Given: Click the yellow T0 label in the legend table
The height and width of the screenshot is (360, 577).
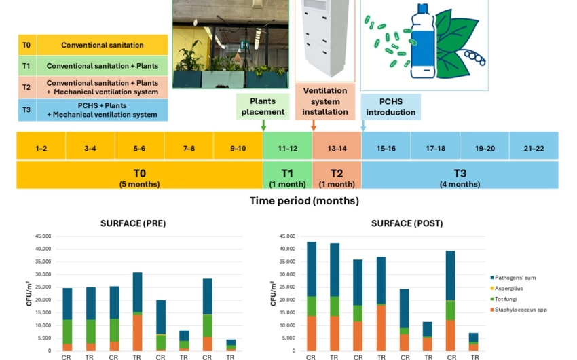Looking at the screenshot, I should pyautogui.click(x=26, y=45).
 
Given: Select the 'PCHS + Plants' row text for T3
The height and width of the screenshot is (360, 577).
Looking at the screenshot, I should pyautogui.click(x=103, y=110).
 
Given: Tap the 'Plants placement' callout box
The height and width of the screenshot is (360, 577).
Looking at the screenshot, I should pyautogui.click(x=263, y=106).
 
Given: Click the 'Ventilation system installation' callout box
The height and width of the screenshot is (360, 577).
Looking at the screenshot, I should pyautogui.click(x=324, y=101).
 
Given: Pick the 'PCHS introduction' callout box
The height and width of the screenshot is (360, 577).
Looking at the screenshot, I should pyautogui.click(x=390, y=107).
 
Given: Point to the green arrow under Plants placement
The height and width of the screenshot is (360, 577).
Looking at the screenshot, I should pyautogui.click(x=263, y=126).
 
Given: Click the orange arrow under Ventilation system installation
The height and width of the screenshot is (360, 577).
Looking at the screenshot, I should pyautogui.click(x=314, y=126).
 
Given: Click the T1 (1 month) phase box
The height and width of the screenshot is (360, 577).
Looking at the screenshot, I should pyautogui.click(x=288, y=175).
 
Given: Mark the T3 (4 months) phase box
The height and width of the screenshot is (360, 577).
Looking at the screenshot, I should pyautogui.click(x=460, y=175).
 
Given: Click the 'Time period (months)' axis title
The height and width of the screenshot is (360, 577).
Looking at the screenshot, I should pyautogui.click(x=304, y=201).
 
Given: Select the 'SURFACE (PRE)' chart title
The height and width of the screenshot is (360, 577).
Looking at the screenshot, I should pyautogui.click(x=133, y=223).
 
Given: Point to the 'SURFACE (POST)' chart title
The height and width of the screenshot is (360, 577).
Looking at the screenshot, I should pyautogui.click(x=405, y=223).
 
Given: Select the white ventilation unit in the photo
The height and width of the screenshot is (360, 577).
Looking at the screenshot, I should pyautogui.click(x=324, y=41).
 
